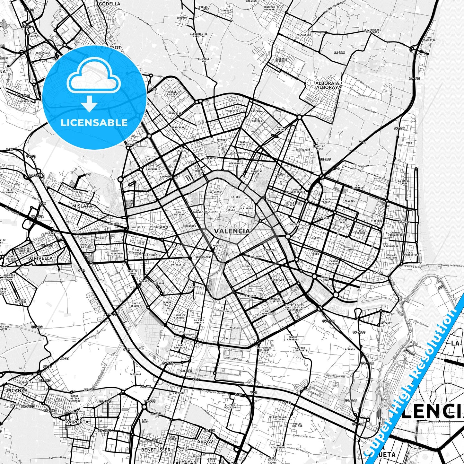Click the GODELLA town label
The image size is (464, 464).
pyautogui.click(x=109, y=4)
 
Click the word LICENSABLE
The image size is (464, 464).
pyautogui.click(x=94, y=123)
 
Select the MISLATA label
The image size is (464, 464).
pyautogui.click(x=82, y=206)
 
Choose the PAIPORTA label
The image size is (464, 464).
pyautogui.click(x=76, y=422)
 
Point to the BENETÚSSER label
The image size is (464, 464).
pyautogui.click(x=156, y=450)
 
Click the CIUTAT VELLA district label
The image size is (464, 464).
pyautogui.click(x=231, y=209)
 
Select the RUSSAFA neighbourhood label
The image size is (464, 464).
pyautogui.click(x=247, y=266)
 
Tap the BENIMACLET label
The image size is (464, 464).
pyautogui.click(x=303, y=150)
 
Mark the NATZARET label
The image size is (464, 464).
pyautogui.click(x=386, y=323)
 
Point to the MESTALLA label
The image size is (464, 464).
pyautogui.click(x=296, y=224)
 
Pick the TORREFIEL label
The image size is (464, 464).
pyautogui.click(x=232, y=111)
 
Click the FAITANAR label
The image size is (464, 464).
pyautogui.click(x=135, y=374)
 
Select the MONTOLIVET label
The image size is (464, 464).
pyautogui.click(x=277, y=280)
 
